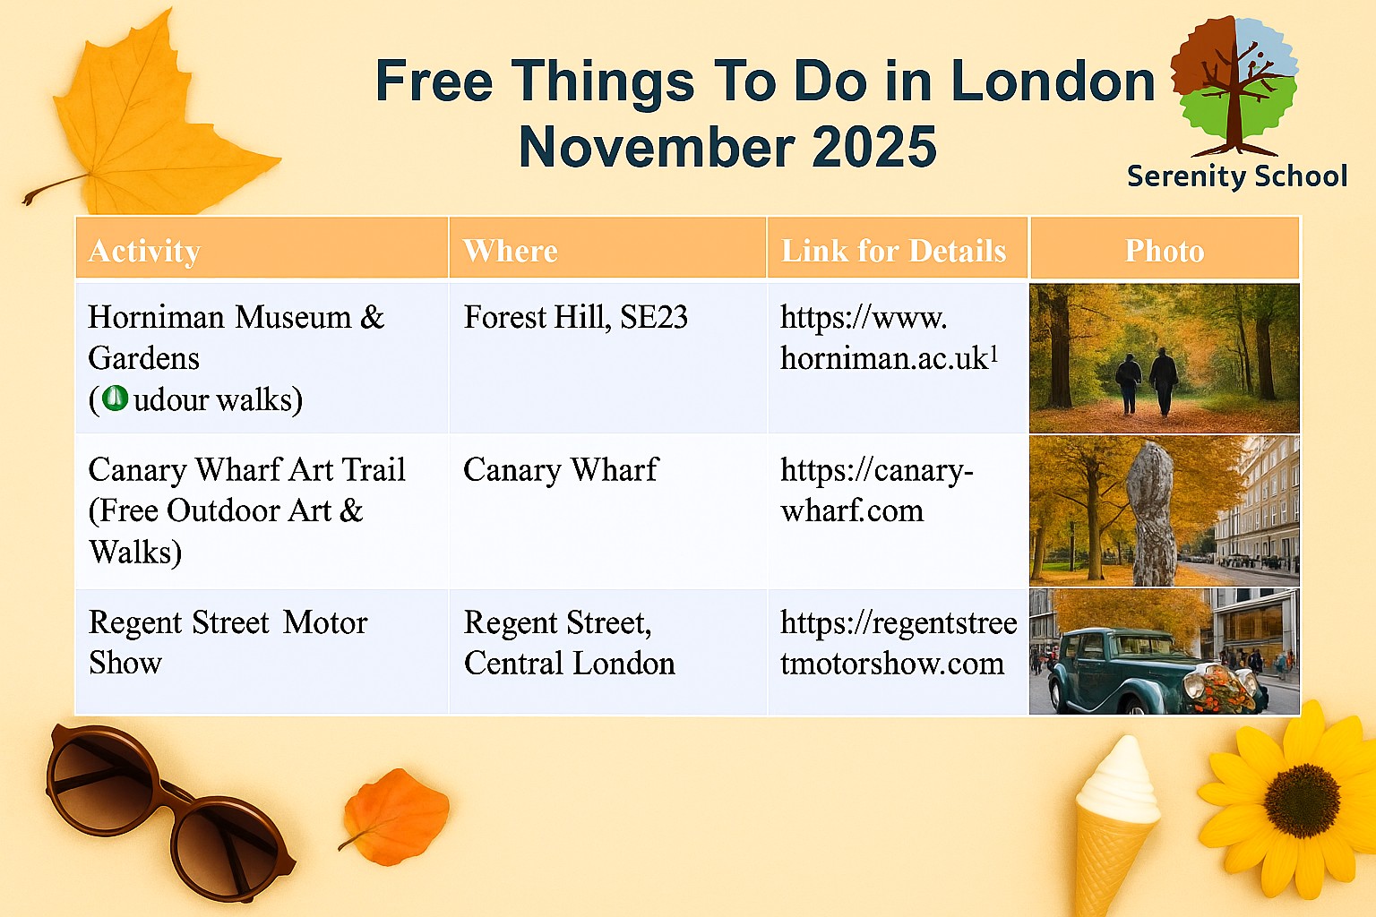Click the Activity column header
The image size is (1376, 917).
[x=144, y=251]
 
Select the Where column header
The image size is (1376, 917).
[x=511, y=251]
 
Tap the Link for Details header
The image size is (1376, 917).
[x=893, y=251]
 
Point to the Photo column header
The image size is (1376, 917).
[x=1164, y=251]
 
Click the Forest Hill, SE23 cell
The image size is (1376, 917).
[x=576, y=317]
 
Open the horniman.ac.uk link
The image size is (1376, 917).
[x=890, y=338]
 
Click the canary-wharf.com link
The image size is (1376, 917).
[x=877, y=491]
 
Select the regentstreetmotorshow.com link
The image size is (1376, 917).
[x=899, y=643]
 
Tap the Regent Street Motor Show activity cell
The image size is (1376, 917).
[x=228, y=642]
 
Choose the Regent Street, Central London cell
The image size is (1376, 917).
[x=570, y=643]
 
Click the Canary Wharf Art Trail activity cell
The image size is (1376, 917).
[x=247, y=511]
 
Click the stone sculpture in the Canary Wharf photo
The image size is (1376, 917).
[x=1152, y=513]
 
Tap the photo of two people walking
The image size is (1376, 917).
[x=1164, y=358]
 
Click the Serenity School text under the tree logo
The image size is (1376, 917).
[x=1237, y=177]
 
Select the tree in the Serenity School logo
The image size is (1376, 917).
[x=1234, y=86]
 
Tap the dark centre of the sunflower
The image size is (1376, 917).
[x=1302, y=801]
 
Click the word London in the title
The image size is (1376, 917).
[x=1053, y=81]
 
